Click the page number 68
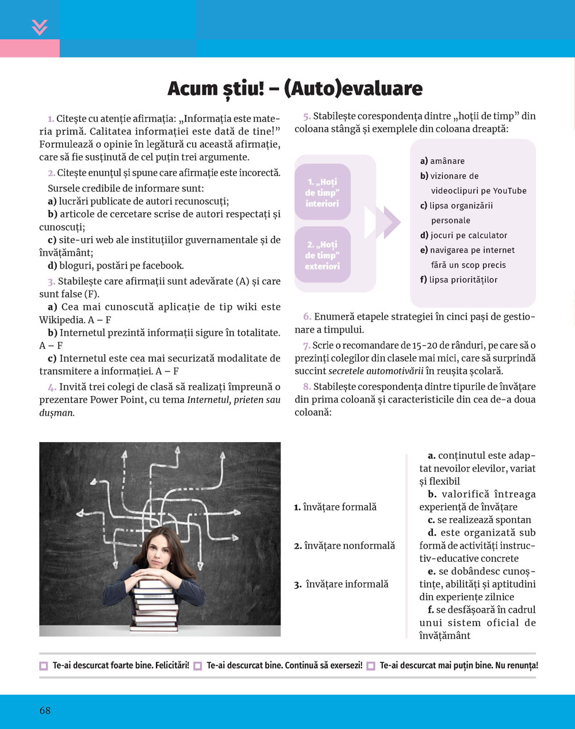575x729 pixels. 45,711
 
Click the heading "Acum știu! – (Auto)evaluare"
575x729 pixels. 295,89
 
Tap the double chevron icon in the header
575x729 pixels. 40,27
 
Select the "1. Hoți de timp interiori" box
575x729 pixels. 323,193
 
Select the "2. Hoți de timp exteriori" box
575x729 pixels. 323,255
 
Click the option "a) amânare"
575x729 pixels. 442,162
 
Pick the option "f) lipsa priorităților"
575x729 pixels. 459,280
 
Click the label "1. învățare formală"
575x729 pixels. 335,507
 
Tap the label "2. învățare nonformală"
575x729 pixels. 344,546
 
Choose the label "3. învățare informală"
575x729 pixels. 342,584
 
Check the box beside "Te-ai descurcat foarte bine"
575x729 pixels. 44,666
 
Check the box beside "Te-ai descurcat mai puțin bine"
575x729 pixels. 371,666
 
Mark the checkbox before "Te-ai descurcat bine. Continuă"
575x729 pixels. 198,666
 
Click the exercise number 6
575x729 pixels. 307,317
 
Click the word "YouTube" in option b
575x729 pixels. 509,191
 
